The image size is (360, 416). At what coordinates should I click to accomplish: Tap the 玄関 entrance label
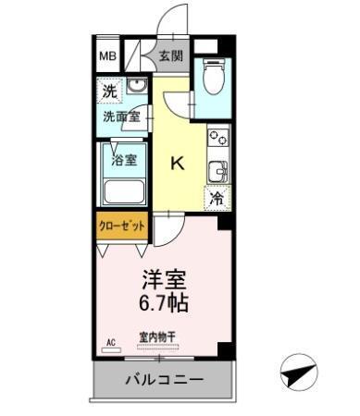tap(170, 55)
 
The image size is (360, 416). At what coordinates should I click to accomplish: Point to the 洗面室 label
tap(121, 116)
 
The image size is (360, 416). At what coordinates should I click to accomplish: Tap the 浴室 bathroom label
tap(123, 159)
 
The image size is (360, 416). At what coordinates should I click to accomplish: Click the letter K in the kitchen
tap(179, 164)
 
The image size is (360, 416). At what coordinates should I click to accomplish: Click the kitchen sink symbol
tap(218, 171)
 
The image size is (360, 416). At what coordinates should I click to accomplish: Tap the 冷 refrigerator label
tap(217, 197)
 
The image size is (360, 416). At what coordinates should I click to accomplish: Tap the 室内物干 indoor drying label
tap(159, 336)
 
